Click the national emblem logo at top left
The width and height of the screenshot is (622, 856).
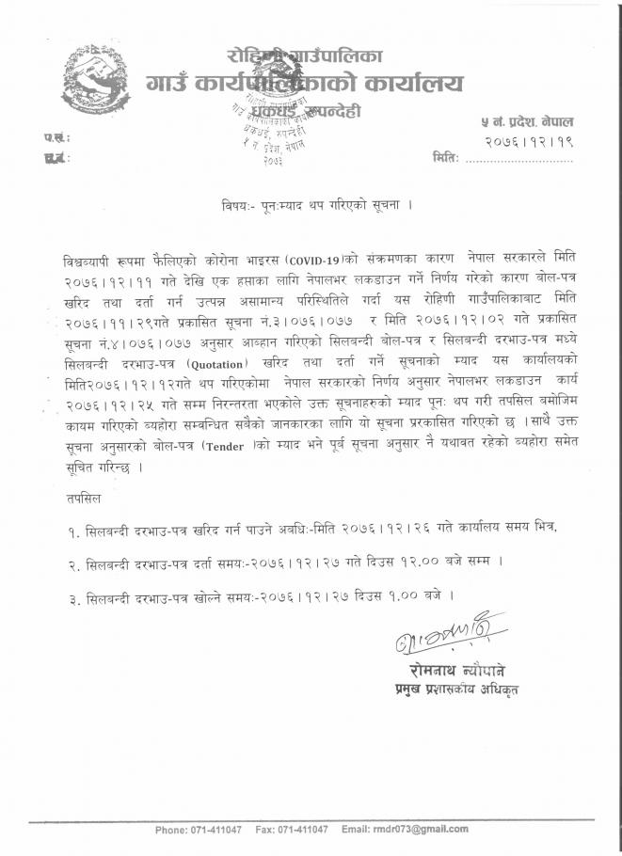pos(91,78)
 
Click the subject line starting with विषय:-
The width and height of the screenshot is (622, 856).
pos(312,203)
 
